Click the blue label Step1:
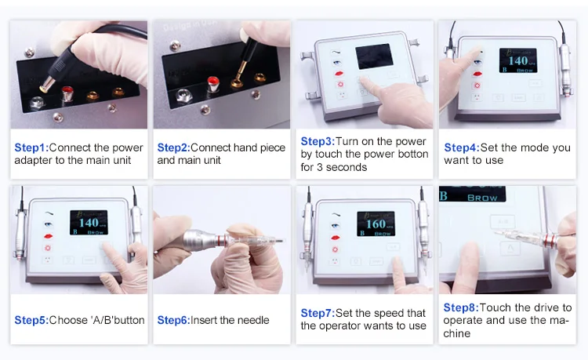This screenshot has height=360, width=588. [x=31, y=147]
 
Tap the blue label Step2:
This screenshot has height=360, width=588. [x=173, y=147]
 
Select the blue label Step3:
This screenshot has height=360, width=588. [x=318, y=141]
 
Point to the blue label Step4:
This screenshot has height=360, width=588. [x=462, y=147]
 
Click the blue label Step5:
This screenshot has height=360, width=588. [x=31, y=320]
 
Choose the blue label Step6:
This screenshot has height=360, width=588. [x=173, y=320]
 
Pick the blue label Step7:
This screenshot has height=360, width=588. [x=318, y=313]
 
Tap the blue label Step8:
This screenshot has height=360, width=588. [x=461, y=308]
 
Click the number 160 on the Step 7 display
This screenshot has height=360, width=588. [x=376, y=224]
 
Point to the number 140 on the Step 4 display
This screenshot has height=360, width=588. [x=518, y=60]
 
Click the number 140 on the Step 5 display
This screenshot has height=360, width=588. [x=89, y=223]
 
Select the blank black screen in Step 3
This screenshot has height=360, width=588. [x=374, y=56]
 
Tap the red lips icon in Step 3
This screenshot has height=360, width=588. [x=339, y=74]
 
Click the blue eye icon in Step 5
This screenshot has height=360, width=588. [x=48, y=224]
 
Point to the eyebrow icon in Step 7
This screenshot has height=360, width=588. [x=336, y=215]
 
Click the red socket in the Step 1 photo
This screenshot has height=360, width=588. [x=67, y=93]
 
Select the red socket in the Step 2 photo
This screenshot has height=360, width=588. [x=213, y=84]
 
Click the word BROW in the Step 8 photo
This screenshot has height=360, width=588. [x=482, y=198]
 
